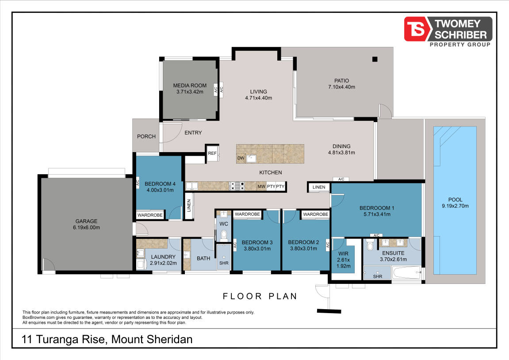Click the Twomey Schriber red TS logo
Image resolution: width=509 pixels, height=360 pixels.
pyautogui.click(x=416, y=29)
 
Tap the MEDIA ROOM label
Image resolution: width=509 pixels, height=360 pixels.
pyautogui.click(x=190, y=86)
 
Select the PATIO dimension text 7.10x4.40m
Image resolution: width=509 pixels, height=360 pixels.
pyautogui.click(x=341, y=87)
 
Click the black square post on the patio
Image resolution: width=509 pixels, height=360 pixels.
pyautogui.click(x=375, y=59)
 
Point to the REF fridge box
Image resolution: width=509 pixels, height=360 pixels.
pyautogui.click(x=212, y=153)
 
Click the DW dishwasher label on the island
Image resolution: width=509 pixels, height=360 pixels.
pyautogui.click(x=241, y=158)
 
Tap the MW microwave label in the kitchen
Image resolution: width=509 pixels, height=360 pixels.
pyautogui.click(x=261, y=186)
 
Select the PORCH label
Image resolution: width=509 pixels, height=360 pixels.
pyautogui.click(x=146, y=137)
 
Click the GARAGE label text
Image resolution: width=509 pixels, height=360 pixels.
pyautogui.click(x=86, y=221)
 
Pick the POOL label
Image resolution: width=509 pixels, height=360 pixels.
pyautogui.click(x=455, y=199)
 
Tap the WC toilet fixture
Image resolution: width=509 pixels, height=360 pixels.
pyautogui.click(x=224, y=234)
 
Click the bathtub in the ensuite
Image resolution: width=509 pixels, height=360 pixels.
pyautogui.click(x=406, y=273)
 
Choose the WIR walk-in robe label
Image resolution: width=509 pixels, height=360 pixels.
pyautogui.click(x=343, y=254)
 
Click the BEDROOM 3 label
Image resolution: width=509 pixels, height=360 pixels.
pyautogui.click(x=257, y=242)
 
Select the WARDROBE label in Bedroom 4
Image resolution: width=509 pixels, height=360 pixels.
pyautogui.click(x=150, y=215)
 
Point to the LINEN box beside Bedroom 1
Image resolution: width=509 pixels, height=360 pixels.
pyautogui.click(x=319, y=188)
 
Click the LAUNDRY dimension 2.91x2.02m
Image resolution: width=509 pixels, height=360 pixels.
pyautogui.click(x=163, y=263)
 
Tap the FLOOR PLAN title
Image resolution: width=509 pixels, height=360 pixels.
pyautogui.click(x=260, y=296)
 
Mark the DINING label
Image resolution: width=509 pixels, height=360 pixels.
pyautogui.click(x=341, y=146)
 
